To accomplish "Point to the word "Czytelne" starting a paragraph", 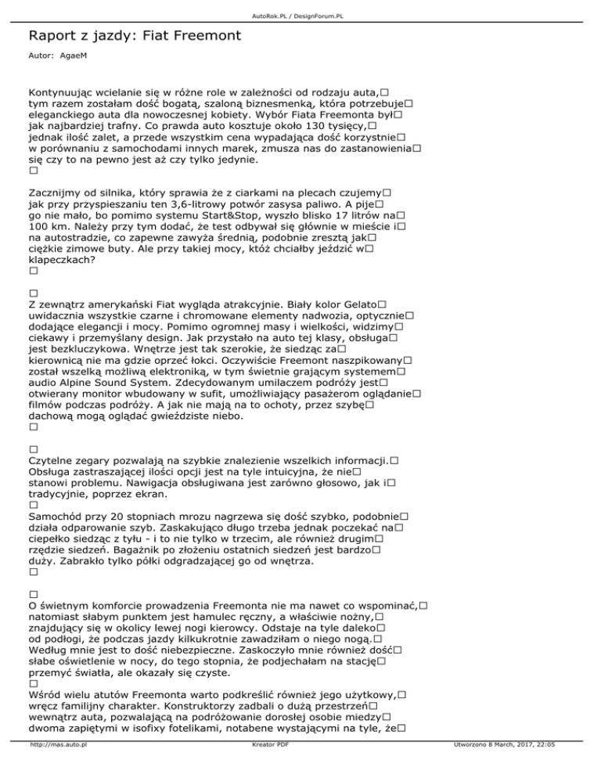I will coord(56,460).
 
